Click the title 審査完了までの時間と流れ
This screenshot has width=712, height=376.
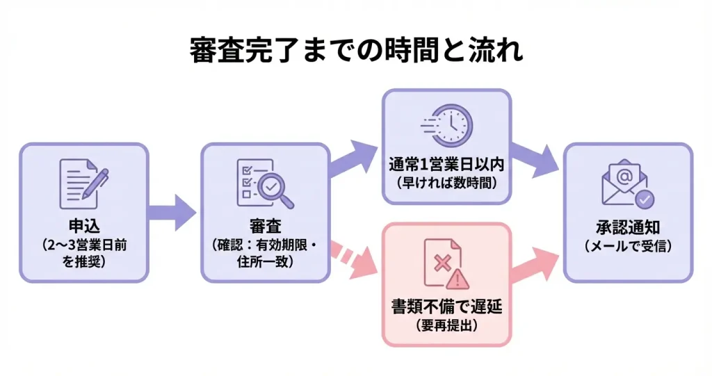[x=356, y=51]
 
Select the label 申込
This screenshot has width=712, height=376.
[x=83, y=227]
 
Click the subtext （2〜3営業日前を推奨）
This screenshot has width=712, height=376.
[x=83, y=254]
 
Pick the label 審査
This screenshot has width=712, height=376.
[x=265, y=227]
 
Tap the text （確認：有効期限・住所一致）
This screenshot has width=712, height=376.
[x=265, y=254]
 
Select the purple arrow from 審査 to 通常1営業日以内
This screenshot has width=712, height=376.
[x=355, y=158]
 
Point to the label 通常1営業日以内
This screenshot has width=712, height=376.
[x=446, y=167]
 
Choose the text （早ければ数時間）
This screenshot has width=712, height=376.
[x=446, y=184]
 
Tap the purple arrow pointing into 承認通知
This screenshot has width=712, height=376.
[x=536, y=158]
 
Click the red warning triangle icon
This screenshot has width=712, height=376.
[x=459, y=279]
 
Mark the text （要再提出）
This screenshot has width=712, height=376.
[x=446, y=326]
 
